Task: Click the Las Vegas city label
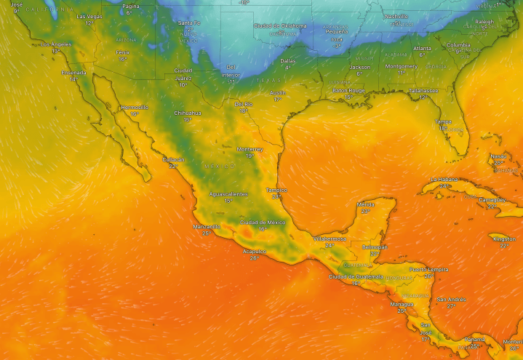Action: [x=89, y=16]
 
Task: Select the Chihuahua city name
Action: [x=188, y=113]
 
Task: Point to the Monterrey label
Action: [x=249, y=149]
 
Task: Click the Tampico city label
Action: [x=276, y=190]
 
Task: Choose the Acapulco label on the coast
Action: [x=255, y=252]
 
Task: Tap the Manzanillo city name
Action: [x=207, y=226]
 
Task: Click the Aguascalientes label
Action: [x=228, y=194]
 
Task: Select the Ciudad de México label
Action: [x=263, y=222]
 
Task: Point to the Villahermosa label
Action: [x=330, y=239]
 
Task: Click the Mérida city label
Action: [x=366, y=204]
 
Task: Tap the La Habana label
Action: [x=444, y=179]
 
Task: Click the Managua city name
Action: [x=402, y=304]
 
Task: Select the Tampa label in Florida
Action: [x=443, y=121]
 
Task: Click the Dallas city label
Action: [x=288, y=61]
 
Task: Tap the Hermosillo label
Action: [x=134, y=107]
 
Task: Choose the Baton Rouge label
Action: [x=348, y=90]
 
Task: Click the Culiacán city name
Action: [x=173, y=159]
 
